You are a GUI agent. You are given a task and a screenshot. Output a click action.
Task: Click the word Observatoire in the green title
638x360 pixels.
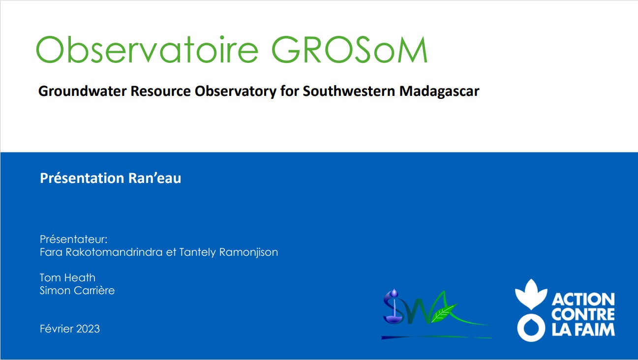[x=147, y=50]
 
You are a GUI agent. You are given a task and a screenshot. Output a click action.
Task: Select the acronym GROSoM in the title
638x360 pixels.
[x=349, y=50]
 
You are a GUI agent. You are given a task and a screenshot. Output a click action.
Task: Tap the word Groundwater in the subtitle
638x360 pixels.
[x=82, y=91]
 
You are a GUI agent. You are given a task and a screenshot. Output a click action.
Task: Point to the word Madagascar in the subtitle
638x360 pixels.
[x=439, y=91]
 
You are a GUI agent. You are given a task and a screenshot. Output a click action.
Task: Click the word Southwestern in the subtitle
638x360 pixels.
[x=349, y=91]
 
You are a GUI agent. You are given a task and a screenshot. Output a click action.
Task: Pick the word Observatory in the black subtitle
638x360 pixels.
[x=236, y=91]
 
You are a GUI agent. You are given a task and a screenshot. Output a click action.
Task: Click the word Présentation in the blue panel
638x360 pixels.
[x=82, y=178]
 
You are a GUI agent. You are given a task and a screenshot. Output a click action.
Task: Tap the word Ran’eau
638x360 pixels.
[x=154, y=179]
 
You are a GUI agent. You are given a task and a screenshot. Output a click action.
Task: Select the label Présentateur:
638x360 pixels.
[x=73, y=239]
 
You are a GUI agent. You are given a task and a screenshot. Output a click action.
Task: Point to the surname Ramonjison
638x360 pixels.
[x=248, y=252]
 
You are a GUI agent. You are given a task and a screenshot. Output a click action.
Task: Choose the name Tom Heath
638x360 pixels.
[x=67, y=278]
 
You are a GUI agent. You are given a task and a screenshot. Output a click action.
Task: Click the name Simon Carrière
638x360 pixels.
[x=77, y=291]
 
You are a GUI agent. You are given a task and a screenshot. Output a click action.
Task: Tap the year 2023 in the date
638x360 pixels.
[x=88, y=329]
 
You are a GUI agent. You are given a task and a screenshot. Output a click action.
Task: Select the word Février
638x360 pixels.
[x=57, y=329]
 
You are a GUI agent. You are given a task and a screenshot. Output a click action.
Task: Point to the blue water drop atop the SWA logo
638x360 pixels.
[x=394, y=293]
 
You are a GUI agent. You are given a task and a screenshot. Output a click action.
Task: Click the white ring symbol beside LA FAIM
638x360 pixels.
[x=531, y=328]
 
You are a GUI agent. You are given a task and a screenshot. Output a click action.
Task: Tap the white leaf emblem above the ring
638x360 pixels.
[x=531, y=294]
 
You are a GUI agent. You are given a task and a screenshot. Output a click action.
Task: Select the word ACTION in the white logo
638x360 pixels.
[x=583, y=300]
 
